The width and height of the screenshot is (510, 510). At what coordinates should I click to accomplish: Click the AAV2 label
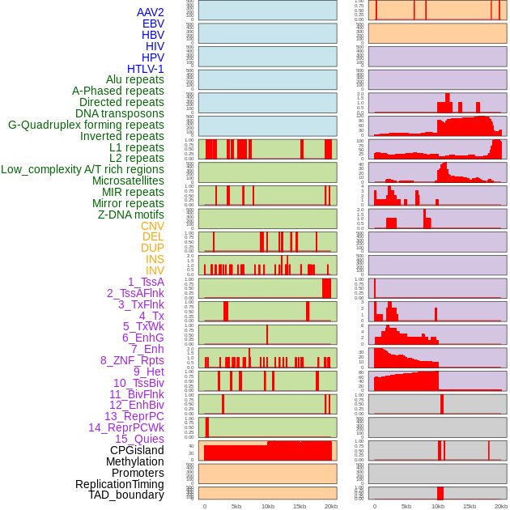click(x=150, y=12)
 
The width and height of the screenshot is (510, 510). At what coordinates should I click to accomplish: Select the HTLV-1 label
click(x=145, y=69)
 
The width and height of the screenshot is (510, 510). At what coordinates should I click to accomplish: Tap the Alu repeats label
click(x=135, y=79)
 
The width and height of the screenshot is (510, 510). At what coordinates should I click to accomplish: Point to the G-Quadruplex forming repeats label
click(x=86, y=125)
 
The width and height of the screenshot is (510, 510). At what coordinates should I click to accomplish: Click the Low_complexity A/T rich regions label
click(x=83, y=169)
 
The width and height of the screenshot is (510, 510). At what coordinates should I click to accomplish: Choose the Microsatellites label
click(x=128, y=181)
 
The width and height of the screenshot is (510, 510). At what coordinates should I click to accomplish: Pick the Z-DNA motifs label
click(x=131, y=215)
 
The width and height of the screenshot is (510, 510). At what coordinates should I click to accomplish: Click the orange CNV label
click(x=152, y=226)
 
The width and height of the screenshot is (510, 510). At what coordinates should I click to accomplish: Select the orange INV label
click(x=155, y=270)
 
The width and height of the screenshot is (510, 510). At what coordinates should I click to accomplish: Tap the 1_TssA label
click(x=146, y=282)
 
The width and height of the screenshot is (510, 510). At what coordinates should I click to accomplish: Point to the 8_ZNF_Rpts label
click(x=132, y=360)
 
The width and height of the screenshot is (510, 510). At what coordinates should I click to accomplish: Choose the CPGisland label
click(x=137, y=450)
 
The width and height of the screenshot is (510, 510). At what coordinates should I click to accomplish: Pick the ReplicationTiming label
click(x=119, y=484)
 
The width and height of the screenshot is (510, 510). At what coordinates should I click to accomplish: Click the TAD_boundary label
click(x=126, y=495)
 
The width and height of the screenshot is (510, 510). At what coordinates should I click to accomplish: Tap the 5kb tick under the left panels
click(x=236, y=506)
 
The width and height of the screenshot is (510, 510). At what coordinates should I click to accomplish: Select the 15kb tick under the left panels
click(x=300, y=506)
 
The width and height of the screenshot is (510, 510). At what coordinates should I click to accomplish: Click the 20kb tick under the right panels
click(x=501, y=506)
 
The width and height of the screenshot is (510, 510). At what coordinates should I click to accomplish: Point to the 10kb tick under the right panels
click(x=438, y=506)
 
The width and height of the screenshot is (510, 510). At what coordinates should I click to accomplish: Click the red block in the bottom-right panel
click(x=440, y=493)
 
